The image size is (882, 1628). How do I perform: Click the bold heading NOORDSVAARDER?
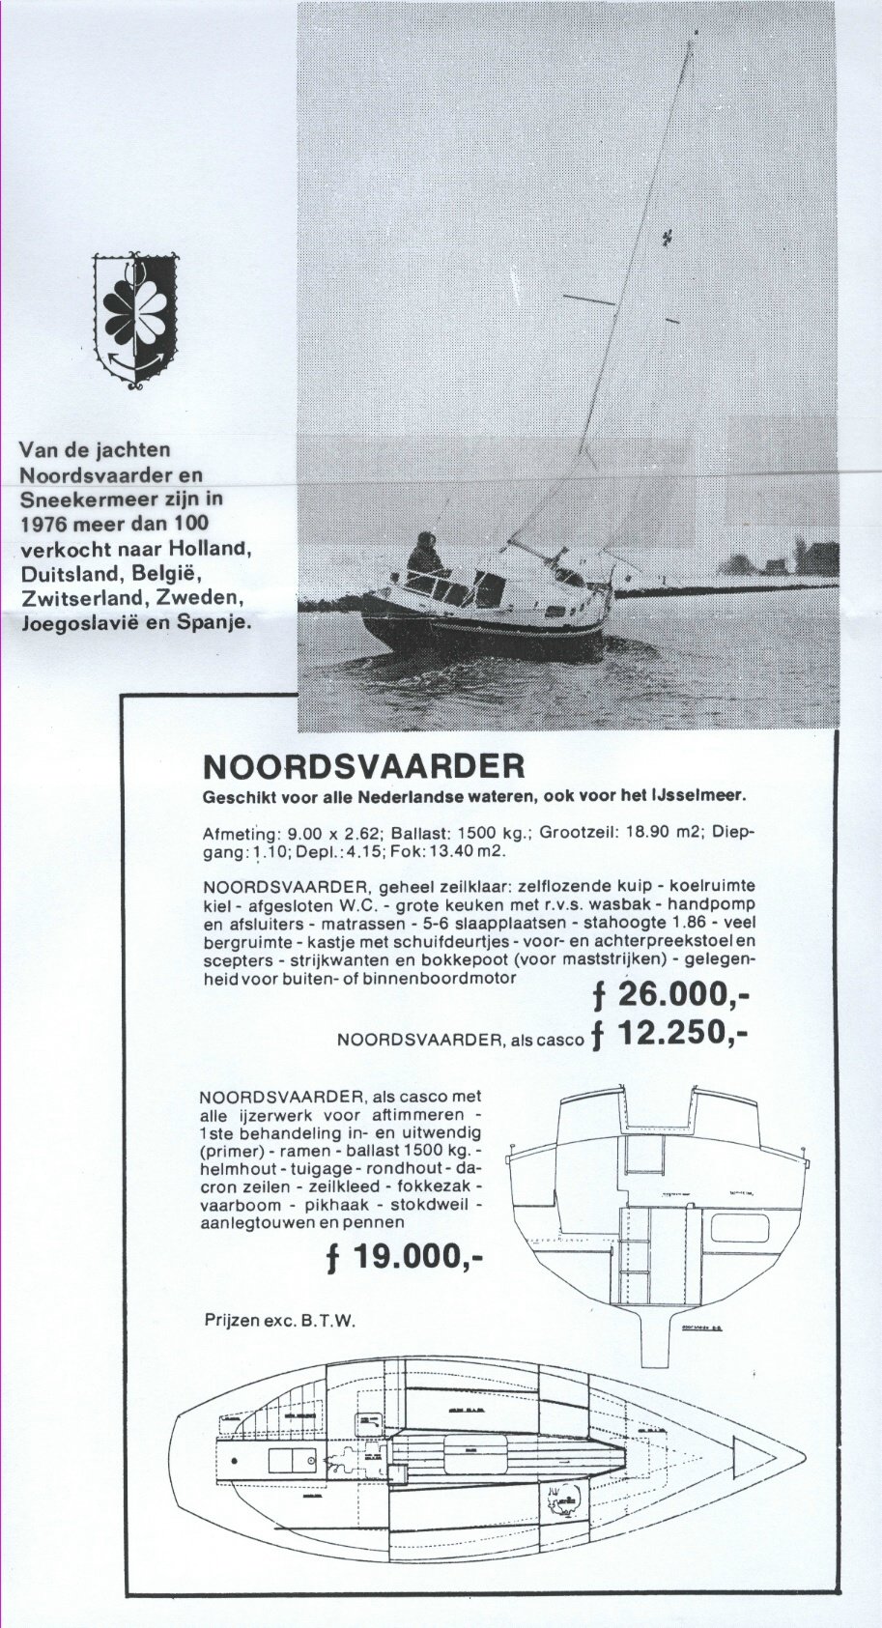(364, 766)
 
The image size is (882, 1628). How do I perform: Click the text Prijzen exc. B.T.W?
(280, 1320)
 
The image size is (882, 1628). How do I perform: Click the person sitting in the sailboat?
(424, 558)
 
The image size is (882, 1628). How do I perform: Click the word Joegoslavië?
(76, 623)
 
